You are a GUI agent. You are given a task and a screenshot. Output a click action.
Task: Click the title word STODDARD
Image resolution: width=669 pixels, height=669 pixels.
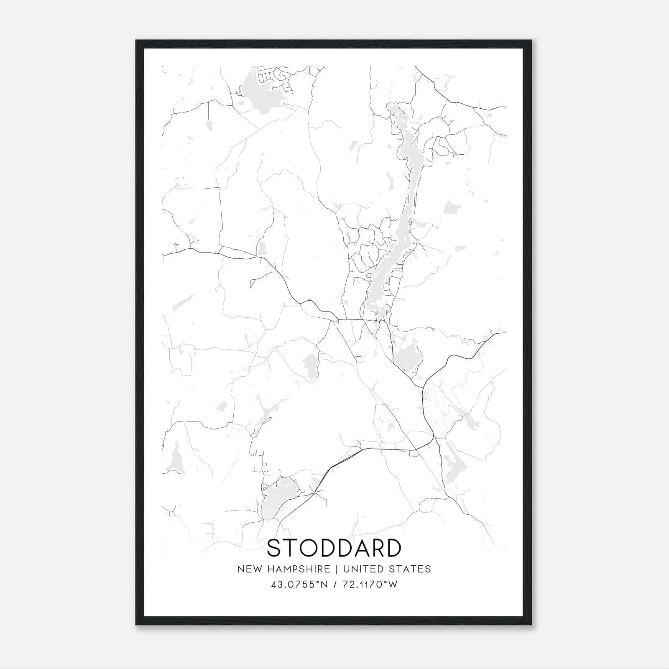click(x=334, y=548)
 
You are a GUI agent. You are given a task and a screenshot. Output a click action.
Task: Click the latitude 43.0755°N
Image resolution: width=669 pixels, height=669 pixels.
click(x=300, y=585)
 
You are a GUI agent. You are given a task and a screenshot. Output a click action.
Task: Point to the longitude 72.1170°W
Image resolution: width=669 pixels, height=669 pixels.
click(x=370, y=585)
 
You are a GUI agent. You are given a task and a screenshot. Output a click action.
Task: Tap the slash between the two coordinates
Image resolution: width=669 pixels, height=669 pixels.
click(x=335, y=585)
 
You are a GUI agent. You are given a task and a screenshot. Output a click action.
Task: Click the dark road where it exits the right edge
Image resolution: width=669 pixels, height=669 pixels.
click(x=504, y=333)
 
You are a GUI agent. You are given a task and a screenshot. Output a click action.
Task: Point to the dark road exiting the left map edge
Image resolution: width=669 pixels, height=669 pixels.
click(x=164, y=254)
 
